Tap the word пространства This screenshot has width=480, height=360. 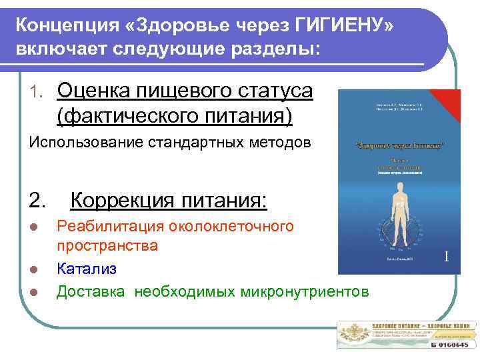pos(107,245)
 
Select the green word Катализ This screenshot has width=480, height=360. pos(87,269)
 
